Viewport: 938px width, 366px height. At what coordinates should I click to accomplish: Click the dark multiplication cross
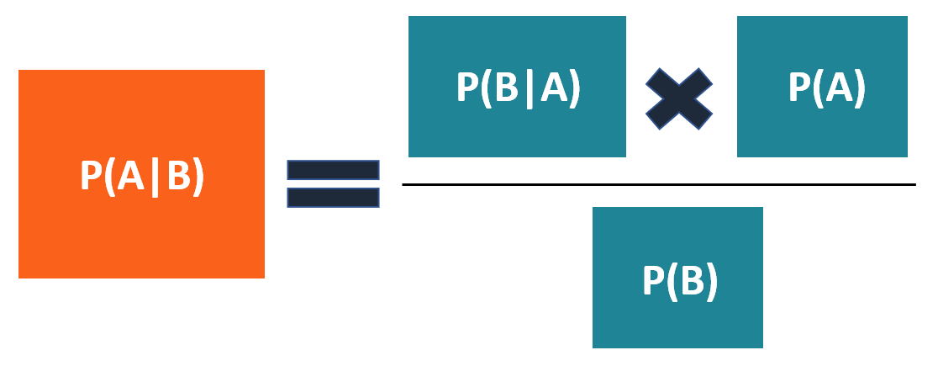tap(679, 99)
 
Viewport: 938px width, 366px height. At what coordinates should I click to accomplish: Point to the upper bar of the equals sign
tap(334, 170)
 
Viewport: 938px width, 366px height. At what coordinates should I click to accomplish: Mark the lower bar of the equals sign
tap(334, 198)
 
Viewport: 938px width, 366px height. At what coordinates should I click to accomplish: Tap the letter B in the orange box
tap(179, 178)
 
